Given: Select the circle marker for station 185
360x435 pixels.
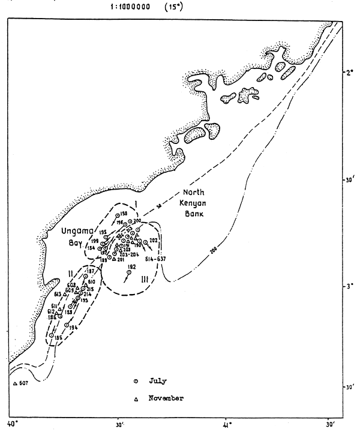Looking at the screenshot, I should [x=52, y=335].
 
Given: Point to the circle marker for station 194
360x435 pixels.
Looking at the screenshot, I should [x=67, y=325].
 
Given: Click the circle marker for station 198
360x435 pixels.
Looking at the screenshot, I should [x=116, y=215].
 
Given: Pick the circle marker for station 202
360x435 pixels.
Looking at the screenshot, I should [x=145, y=242].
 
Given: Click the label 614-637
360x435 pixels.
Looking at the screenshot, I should [x=155, y=259].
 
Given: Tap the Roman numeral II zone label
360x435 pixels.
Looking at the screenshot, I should [x=70, y=273].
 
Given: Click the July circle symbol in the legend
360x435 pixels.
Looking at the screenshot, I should [x=136, y=380].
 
